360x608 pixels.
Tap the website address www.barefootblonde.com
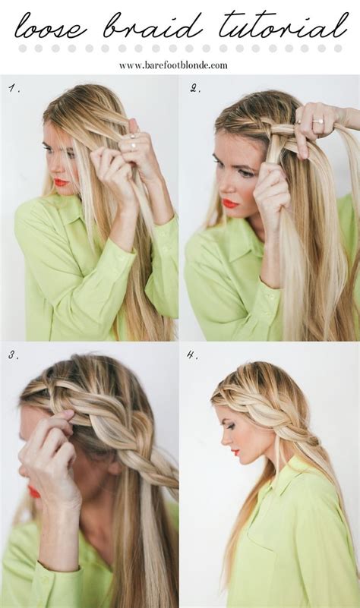click(173, 65)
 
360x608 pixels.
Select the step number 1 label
click(13, 89)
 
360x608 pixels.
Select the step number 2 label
click(194, 89)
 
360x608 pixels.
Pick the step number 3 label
click(13, 354)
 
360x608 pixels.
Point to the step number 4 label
click(193, 354)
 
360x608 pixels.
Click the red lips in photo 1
click(61, 182)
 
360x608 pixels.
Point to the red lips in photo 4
click(235, 452)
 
